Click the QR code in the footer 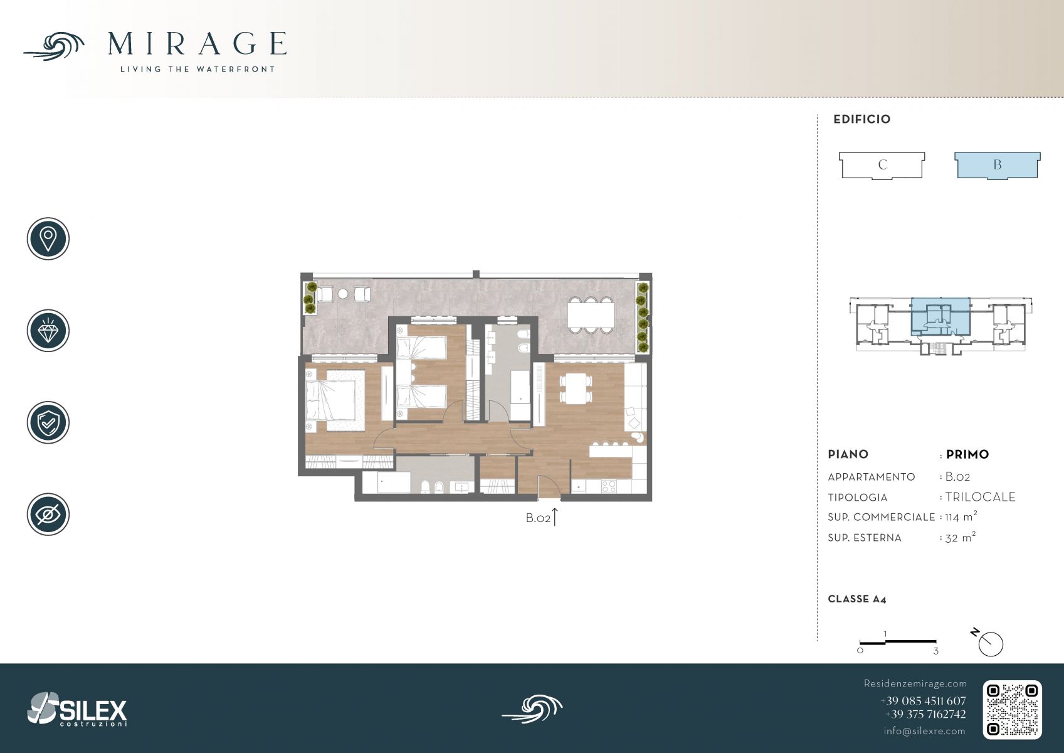[1012, 710]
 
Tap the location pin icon [48, 238]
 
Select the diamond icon [48, 331]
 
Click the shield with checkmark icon [48, 422]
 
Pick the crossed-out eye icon [48, 515]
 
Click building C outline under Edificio [882, 166]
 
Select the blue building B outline [998, 166]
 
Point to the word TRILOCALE [981, 497]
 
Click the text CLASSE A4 [857, 599]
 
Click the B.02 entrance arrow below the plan [554, 516]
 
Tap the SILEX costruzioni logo [77, 710]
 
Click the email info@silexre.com [924, 731]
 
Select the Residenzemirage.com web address [915, 683]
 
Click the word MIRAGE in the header [198, 44]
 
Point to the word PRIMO [967, 454]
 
